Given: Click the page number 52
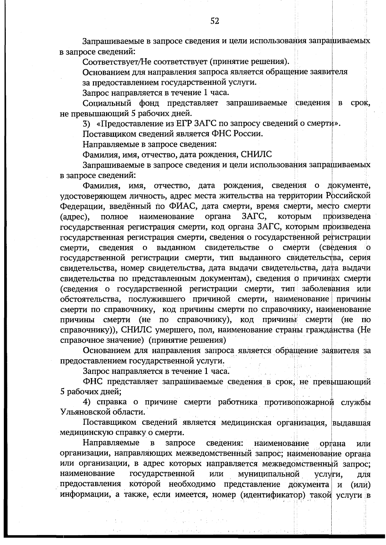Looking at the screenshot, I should click(215, 21).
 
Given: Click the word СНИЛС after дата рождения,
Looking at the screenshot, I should click(256, 155).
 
